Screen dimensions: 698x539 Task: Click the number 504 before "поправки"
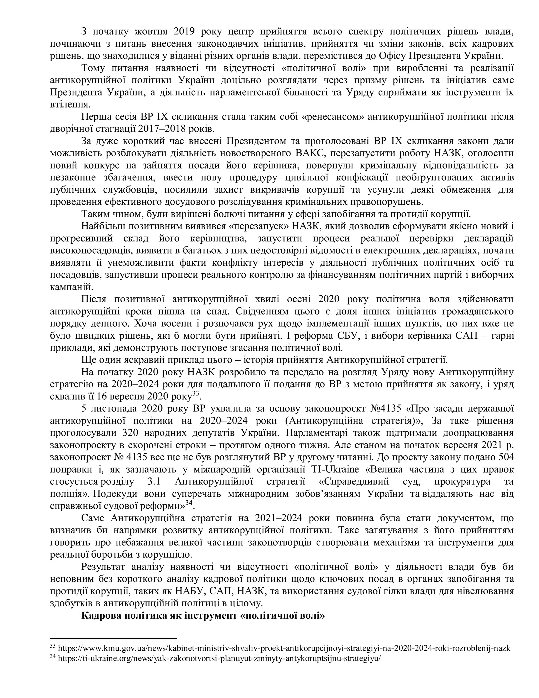point(506,457)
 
